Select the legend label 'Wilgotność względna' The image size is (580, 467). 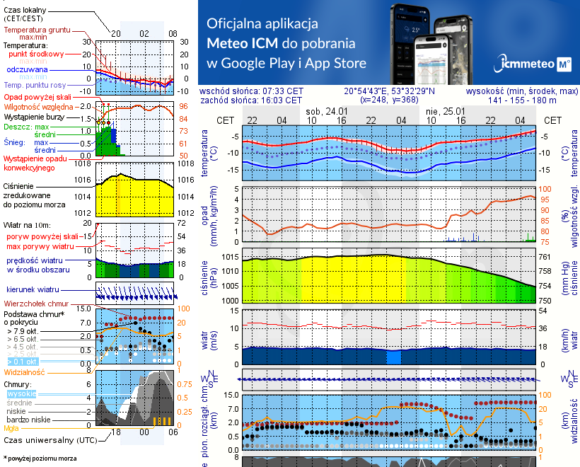coord(40,106)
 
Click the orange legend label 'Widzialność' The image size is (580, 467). coord(24,371)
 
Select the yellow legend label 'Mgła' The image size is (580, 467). coord(11,428)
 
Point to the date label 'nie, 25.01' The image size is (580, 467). coord(445,112)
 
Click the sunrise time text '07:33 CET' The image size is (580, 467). coord(282,91)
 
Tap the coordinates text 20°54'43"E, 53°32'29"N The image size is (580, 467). coord(389,91)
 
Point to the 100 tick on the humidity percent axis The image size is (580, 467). coord(545,189)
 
